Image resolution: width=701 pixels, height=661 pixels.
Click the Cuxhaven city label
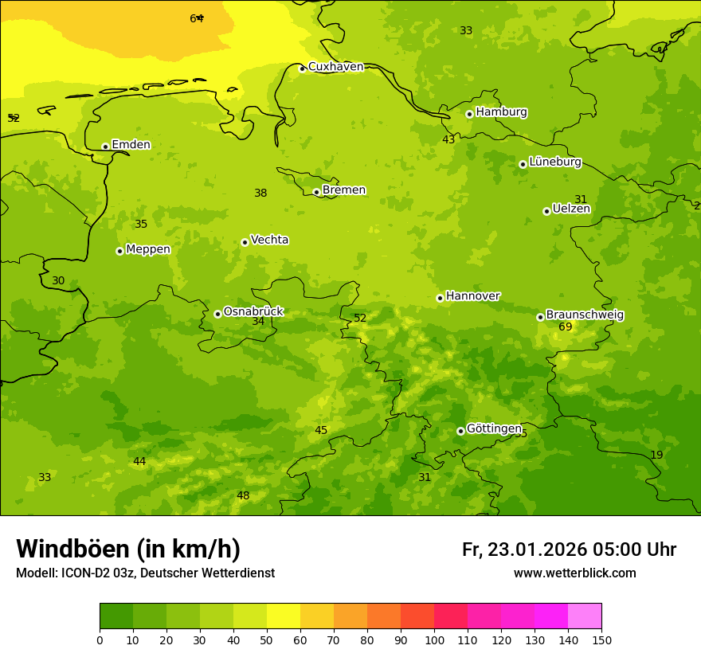pos(335,67)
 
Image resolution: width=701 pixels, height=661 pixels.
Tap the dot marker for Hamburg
pos(469,114)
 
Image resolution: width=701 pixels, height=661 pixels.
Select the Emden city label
pos(131,145)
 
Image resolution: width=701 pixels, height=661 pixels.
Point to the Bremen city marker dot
pos(316,192)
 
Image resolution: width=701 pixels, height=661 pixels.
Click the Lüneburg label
pos(555,162)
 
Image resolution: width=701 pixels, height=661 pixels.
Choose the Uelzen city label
pos(571,209)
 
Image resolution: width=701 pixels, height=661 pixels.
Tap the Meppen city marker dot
pos(119,251)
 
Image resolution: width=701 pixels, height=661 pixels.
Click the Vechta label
pos(269,240)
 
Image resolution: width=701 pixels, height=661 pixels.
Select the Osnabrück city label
pos(253,311)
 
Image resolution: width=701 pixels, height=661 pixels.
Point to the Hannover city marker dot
pos(440,298)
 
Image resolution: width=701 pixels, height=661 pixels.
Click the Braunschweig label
pos(585,315)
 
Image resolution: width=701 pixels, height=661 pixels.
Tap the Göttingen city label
pos(494,428)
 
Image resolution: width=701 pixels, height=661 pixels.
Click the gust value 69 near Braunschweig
pos(565,327)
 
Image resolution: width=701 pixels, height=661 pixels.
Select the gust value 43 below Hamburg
pos(448,140)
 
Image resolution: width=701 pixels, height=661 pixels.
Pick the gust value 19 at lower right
pos(656,456)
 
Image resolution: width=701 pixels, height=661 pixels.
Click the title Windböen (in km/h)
pos(128,549)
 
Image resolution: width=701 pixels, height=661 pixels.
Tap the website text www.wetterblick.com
pos(574,573)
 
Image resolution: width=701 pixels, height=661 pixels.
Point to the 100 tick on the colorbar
pos(434,639)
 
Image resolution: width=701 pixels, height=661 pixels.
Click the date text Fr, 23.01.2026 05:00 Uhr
pos(569,550)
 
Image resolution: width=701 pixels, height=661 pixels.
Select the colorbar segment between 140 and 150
pos(585,616)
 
